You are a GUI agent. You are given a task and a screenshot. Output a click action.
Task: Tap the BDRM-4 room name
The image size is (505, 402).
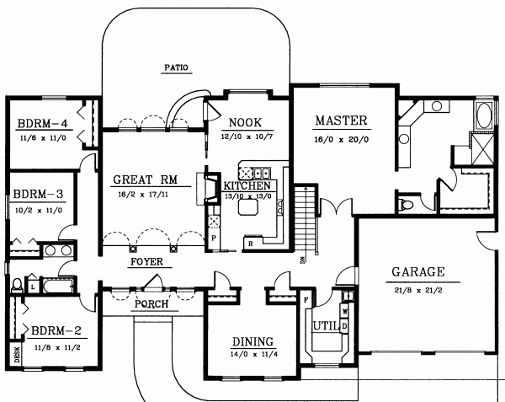(x=40, y=124)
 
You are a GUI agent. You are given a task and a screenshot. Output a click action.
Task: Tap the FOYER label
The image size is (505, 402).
(x=146, y=261)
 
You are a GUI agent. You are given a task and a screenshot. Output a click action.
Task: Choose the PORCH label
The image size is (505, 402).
(x=151, y=303)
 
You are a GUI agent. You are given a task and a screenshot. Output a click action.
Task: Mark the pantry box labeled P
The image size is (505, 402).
(x=214, y=239)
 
